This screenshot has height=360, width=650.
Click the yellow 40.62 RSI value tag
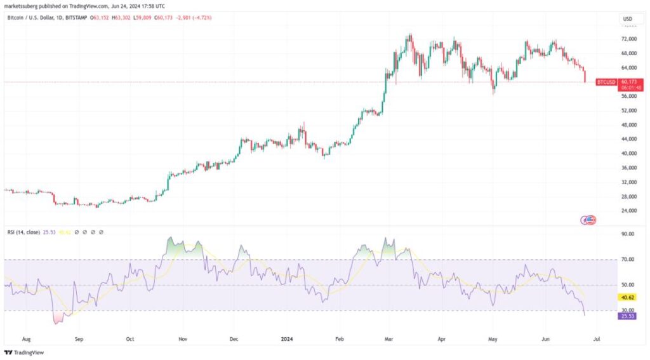click(628, 297)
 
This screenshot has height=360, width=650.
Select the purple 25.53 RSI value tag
click(628, 315)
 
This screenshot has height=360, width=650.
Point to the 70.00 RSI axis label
click(628, 259)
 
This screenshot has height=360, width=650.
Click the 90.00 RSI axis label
click(628, 234)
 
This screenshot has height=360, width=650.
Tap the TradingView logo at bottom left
click(20, 352)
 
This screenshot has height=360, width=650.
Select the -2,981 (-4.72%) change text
click(194, 17)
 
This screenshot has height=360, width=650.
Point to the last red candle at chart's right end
click(585, 76)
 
